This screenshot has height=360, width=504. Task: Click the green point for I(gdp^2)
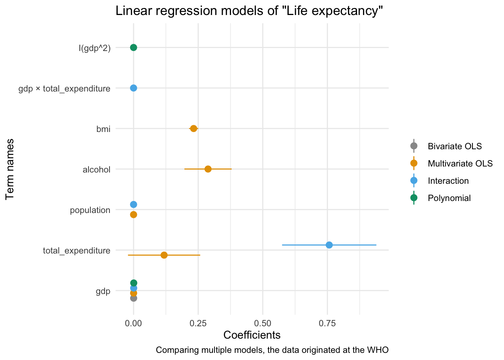pos(133,47)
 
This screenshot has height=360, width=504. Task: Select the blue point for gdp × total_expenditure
pos(133,88)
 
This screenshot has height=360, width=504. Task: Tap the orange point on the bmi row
pos(193,129)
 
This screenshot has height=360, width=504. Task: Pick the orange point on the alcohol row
pos(208,169)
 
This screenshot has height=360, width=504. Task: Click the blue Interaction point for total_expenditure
pos(329,245)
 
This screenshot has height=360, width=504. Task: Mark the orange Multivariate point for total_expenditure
pos(164,255)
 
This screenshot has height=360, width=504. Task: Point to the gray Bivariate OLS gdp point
pos(133,298)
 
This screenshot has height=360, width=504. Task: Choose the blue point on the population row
pos(133,204)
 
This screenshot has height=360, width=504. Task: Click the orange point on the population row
pos(133,214)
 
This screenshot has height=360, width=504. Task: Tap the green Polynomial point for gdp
pos(133,283)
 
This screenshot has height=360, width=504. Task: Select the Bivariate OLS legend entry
pos(454,146)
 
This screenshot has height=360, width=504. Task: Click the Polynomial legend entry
pos(449,198)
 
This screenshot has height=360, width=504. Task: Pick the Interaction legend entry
pos(448,181)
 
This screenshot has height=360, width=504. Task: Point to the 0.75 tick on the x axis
pos(327,323)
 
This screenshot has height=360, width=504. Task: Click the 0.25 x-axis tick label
pos(198,323)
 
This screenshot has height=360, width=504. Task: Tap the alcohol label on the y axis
pos(97,169)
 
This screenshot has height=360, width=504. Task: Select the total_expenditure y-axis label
pos(77,250)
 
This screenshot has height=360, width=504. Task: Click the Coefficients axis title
pos(252,335)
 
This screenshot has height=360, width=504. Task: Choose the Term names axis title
pos(10,169)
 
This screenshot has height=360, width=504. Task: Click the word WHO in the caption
pos(378,350)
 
